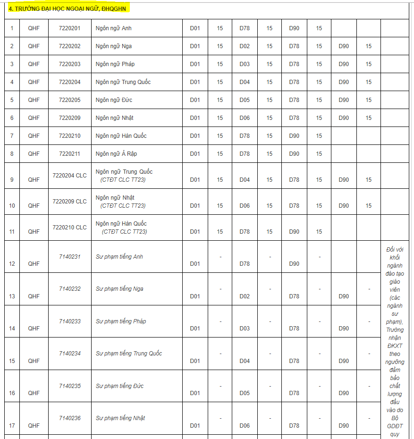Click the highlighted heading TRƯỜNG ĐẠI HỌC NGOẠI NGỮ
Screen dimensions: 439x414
click(68, 8)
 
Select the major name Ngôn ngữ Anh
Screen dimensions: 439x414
click(113, 28)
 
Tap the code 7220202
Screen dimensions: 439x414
click(69, 46)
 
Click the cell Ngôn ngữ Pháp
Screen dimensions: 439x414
click(115, 64)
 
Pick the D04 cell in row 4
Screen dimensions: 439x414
click(245, 82)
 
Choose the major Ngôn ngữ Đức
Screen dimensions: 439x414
click(114, 100)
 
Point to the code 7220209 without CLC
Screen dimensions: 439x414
click(69, 118)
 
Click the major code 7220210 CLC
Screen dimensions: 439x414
click(69, 228)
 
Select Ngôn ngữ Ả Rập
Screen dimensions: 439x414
click(116, 154)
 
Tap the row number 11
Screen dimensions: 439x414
click(12, 232)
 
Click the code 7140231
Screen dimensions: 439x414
click(69, 257)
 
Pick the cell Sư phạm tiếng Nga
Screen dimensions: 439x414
click(119, 289)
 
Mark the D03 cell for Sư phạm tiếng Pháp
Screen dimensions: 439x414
click(245, 329)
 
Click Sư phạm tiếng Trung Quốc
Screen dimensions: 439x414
click(128, 354)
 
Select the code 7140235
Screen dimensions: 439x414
click(69, 386)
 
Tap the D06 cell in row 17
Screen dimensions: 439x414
click(245, 426)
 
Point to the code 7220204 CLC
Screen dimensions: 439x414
click(69, 176)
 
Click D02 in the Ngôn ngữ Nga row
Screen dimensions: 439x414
click(245, 46)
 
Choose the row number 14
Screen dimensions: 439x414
click(12, 329)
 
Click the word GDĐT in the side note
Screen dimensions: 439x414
click(395, 427)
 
